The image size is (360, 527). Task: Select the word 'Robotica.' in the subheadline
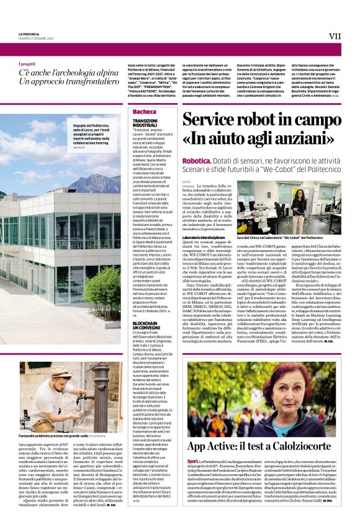point(197,161)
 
